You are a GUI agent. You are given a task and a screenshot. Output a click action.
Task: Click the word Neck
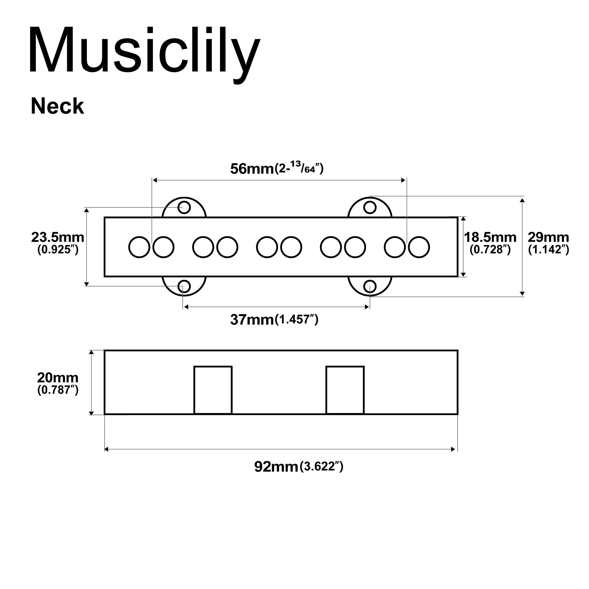point(57,106)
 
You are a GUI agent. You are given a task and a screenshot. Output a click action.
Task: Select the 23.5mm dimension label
point(58,237)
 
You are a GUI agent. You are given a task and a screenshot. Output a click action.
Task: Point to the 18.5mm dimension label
point(490,237)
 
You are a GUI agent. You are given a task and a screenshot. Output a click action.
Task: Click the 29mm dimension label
point(548,237)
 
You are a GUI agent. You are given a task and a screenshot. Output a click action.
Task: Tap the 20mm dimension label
point(58,378)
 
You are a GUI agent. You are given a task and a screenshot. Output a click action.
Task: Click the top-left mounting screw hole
point(184,208)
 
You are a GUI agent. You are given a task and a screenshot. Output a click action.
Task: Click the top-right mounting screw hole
point(370,208)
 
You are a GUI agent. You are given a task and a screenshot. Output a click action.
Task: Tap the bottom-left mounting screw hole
point(184,287)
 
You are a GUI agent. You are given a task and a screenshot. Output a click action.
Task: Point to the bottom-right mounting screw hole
point(370,287)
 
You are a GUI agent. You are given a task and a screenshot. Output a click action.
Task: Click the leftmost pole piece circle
point(139,247)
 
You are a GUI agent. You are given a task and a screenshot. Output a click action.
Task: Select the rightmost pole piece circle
point(419,247)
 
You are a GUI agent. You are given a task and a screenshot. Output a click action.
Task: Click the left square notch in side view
point(213,390)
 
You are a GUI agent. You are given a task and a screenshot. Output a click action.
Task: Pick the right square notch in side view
point(345,390)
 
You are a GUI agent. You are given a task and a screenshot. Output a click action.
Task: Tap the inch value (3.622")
point(322,467)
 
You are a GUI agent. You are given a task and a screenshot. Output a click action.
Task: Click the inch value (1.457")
point(297,320)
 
